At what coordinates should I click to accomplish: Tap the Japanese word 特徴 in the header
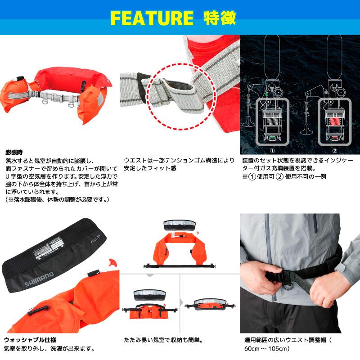tap(220, 18)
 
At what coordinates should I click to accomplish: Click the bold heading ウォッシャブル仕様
tap(30, 339)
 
